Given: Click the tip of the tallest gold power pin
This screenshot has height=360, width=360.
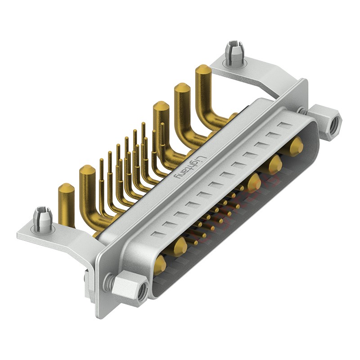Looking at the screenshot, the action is (x=203, y=68).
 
